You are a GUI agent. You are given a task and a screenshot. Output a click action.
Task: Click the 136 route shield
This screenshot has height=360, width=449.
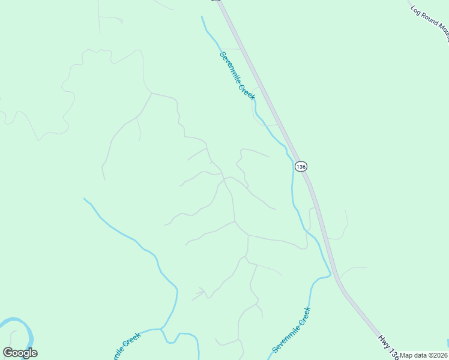click(301, 166)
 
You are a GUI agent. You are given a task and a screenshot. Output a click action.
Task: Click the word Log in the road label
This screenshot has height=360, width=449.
click(415, 10)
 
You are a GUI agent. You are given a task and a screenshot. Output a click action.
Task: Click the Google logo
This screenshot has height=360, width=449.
click(20, 353)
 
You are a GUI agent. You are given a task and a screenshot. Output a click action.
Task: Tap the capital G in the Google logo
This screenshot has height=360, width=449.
click(8, 352)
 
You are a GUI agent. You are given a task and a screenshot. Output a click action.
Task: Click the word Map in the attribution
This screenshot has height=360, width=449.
click(406, 355)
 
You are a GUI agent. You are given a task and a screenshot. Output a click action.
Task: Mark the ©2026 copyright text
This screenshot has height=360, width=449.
click(439, 355)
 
